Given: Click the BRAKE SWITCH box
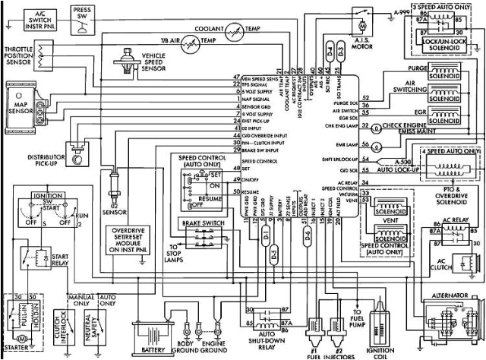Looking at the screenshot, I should point(200,223).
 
